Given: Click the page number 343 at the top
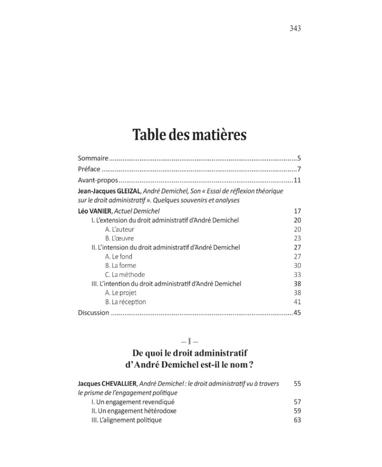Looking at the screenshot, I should pyautogui.click(x=295, y=28).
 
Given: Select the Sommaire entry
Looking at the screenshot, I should pyautogui.click(x=93, y=158).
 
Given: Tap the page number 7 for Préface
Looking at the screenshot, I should pyautogui.click(x=298, y=169).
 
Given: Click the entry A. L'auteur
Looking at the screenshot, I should pyautogui.click(x=120, y=229).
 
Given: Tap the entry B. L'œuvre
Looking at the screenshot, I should pyautogui.click(x=119, y=238).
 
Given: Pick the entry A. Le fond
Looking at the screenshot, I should pyautogui.click(x=118, y=256).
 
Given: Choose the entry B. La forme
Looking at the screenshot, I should pyautogui.click(x=120, y=266).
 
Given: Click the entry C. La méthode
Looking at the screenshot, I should pyautogui.click(x=125, y=275).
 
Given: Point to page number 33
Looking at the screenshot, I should pyautogui.click(x=297, y=275).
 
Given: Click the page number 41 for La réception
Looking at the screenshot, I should pyautogui.click(x=297, y=302).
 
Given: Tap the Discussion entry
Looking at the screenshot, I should pyautogui.click(x=93, y=313).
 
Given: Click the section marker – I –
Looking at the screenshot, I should pyautogui.click(x=190, y=342).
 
